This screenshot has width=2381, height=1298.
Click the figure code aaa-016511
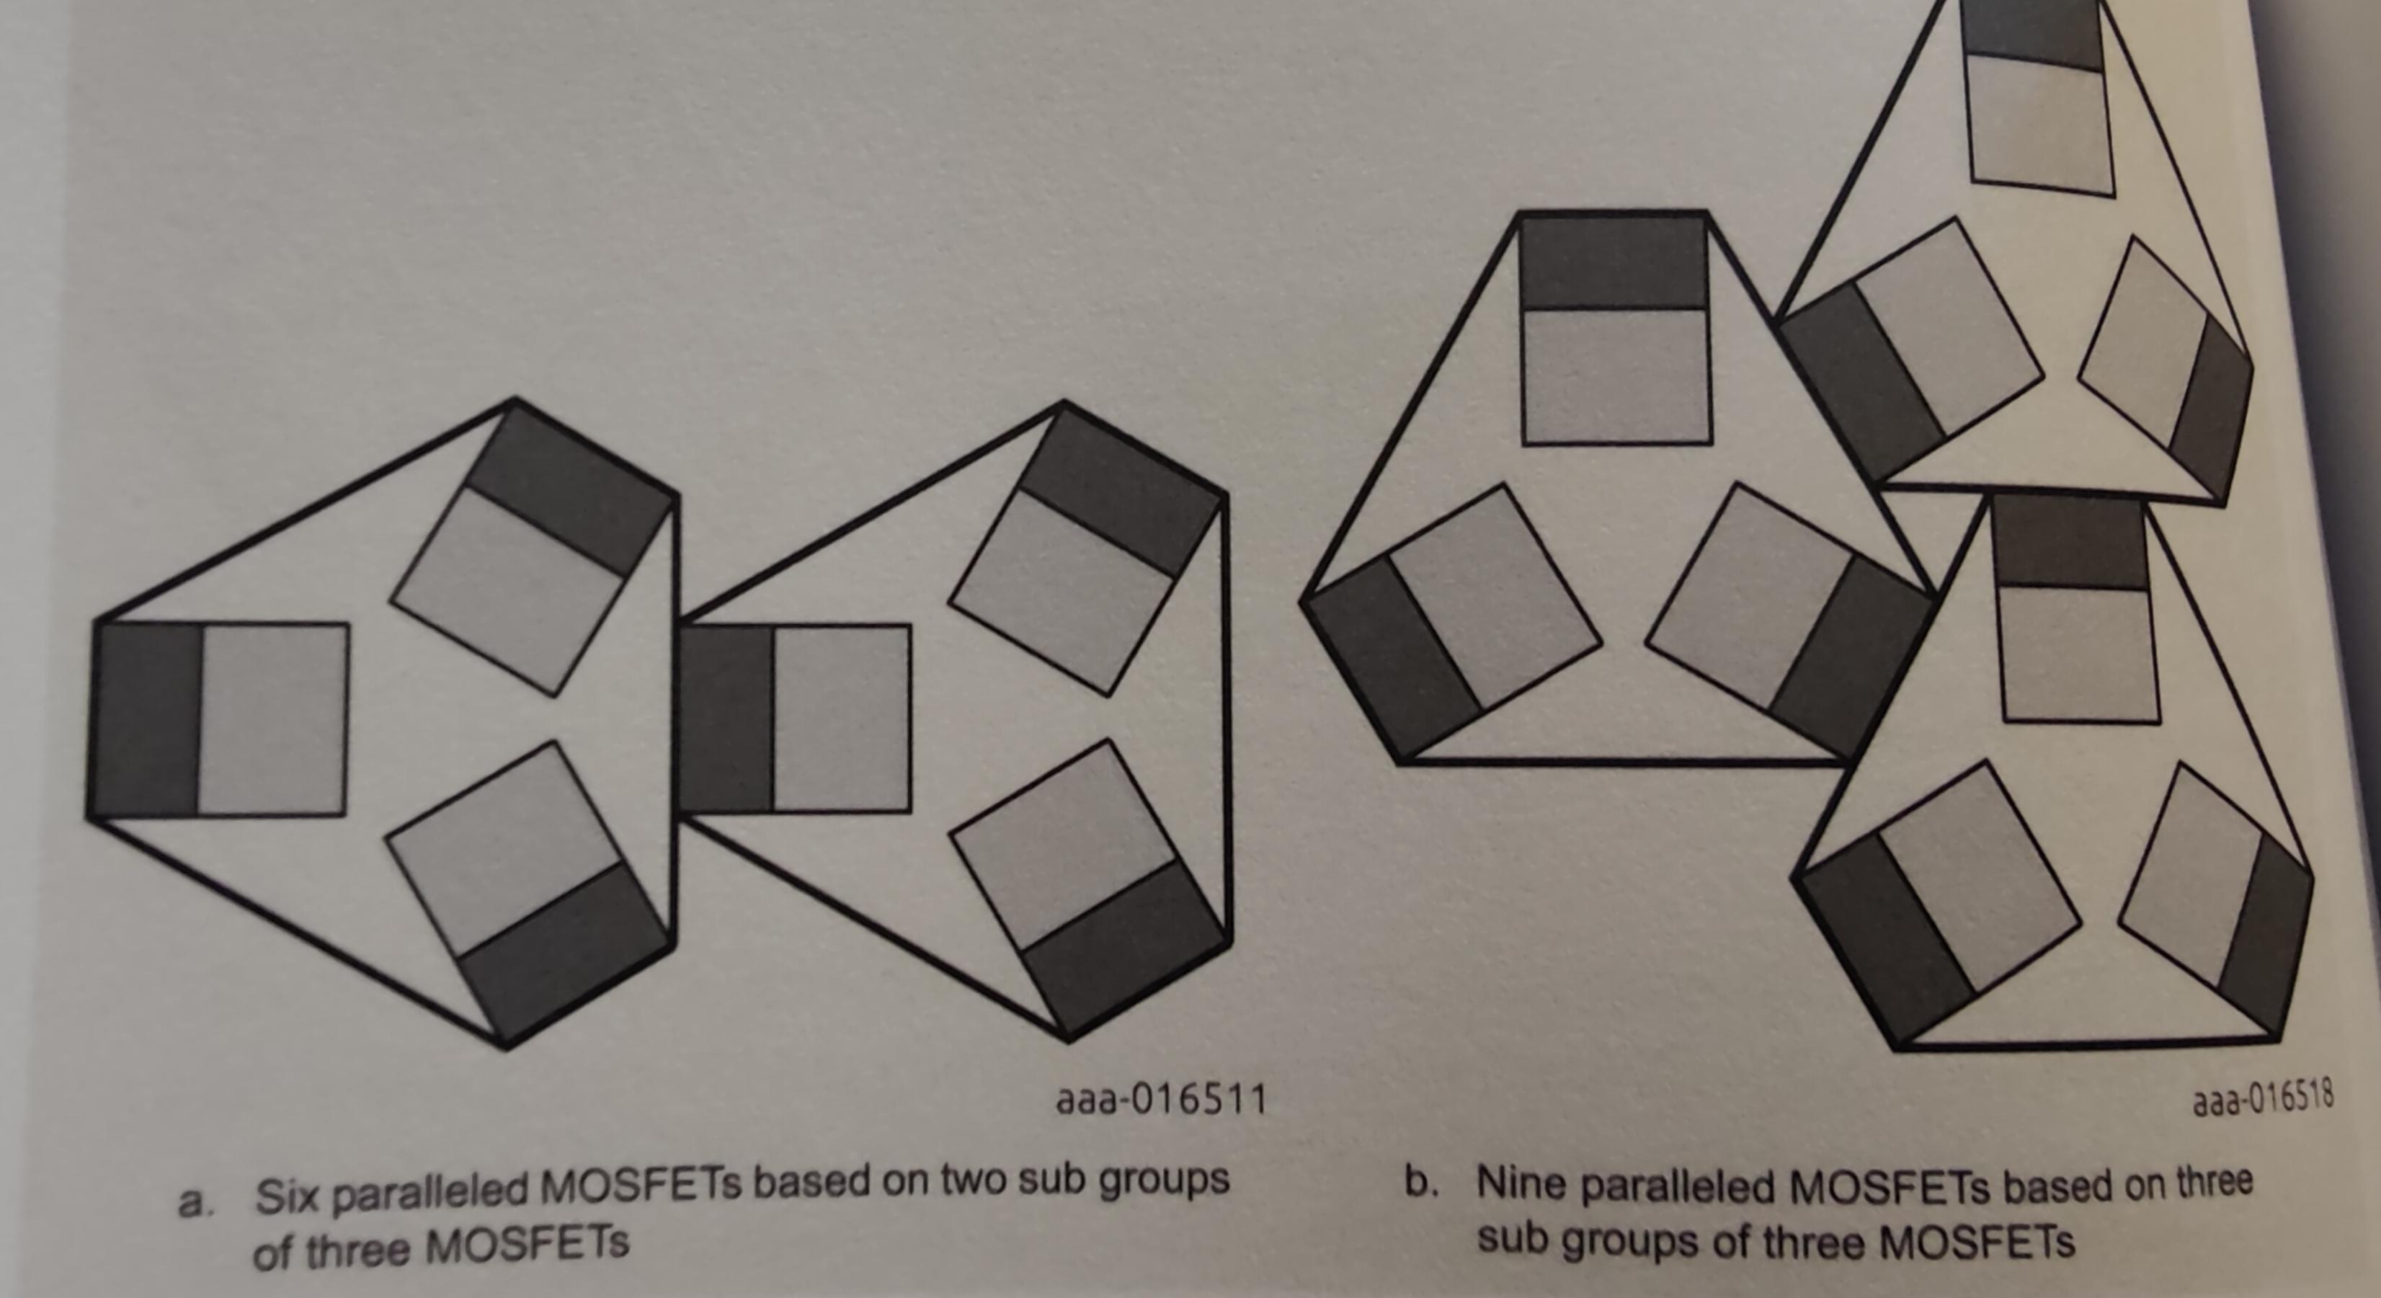tap(1160, 1100)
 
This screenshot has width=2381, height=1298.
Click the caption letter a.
tap(192, 1203)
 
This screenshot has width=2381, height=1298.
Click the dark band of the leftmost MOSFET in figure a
tap(145, 719)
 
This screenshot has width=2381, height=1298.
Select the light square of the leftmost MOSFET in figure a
tap(272, 719)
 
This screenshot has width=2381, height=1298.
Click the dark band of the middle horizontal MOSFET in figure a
tap(726, 719)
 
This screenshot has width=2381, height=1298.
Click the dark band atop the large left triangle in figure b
tap(1614, 262)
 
